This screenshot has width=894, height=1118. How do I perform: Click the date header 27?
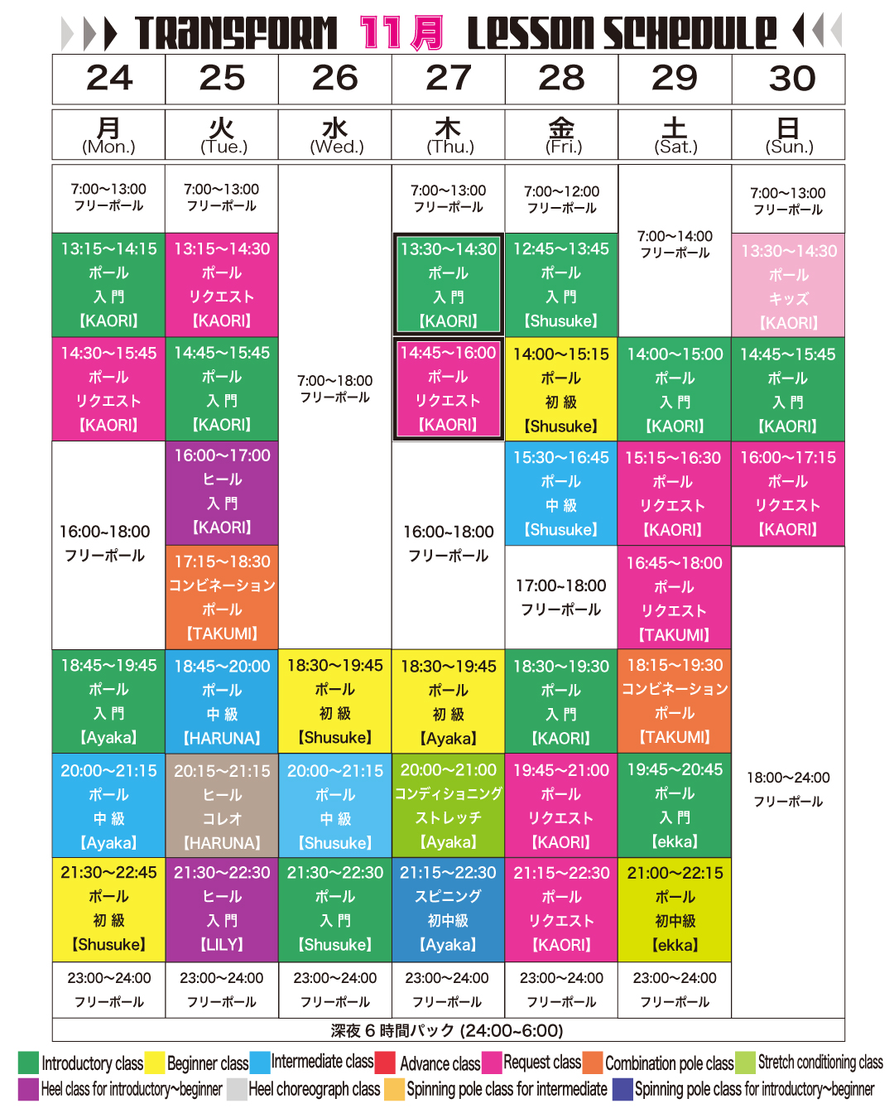coord(448,79)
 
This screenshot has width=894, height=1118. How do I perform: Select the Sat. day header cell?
coord(675,134)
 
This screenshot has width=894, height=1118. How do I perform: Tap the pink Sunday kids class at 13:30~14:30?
coord(788,286)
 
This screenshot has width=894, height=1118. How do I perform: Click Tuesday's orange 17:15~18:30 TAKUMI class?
coord(222,597)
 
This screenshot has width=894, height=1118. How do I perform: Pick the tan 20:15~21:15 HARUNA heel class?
coord(222,806)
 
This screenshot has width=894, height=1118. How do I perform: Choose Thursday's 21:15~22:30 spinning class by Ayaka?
coord(448,908)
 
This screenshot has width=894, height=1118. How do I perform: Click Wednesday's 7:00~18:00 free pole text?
coord(335,388)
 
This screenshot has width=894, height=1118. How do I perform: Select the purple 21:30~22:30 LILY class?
coord(222,908)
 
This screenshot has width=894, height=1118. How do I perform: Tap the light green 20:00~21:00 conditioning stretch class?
coord(448,806)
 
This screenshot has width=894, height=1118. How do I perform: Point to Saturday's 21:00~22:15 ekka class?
coord(675,908)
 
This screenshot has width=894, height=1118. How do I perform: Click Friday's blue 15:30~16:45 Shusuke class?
coord(561,494)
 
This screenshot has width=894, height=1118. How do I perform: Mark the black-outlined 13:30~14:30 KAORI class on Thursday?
coord(448,284)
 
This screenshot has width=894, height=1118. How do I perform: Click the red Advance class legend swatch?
coord(385,1063)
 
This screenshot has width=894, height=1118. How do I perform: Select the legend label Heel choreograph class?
coord(314,1089)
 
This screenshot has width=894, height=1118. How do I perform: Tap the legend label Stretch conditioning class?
coord(819,1063)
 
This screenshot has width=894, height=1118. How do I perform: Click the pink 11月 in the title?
coord(401,33)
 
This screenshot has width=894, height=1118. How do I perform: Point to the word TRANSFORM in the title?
coord(236,33)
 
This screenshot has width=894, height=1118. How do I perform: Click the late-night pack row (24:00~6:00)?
coord(448,1030)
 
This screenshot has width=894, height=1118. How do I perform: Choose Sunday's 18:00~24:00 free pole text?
coord(788,788)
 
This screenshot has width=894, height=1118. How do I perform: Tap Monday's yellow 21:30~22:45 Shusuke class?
coord(108,908)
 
